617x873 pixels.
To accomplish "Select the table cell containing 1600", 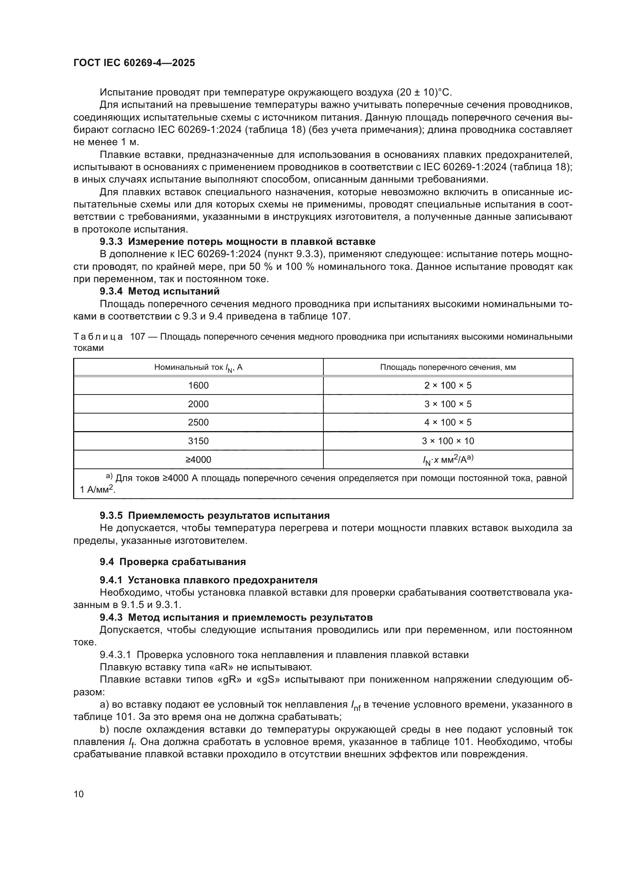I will tap(198, 386).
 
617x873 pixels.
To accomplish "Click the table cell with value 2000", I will tap(198, 404).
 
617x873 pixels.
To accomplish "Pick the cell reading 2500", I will tap(198, 423).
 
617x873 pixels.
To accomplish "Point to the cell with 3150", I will tap(198, 441).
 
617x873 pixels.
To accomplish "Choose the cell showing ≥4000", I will tap(198, 460).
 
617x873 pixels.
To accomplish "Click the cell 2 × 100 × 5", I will tap(448, 386).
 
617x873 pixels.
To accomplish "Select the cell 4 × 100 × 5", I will tap(448, 423).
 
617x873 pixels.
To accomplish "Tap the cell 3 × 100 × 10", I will tap(448, 441).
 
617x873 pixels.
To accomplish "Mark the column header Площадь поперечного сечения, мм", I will tap(448, 367).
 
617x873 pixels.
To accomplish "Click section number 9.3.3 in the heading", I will tap(111, 242).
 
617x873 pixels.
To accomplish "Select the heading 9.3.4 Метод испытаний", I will tap(160, 291).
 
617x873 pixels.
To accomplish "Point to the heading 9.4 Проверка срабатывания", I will tap(172, 562).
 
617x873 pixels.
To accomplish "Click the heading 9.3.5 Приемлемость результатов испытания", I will tap(214, 515).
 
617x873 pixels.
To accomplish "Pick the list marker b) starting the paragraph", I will tap(104, 729).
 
